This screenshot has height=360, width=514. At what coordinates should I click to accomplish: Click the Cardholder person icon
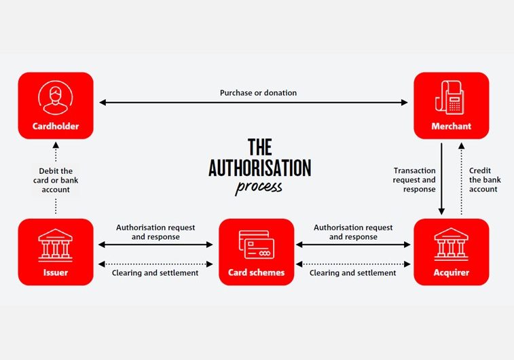(x=56, y=98)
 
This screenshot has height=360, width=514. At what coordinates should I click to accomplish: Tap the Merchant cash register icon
(x=449, y=97)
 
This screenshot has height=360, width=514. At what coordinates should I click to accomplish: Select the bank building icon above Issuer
(x=56, y=245)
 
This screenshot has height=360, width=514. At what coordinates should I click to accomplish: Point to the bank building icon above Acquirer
(x=451, y=245)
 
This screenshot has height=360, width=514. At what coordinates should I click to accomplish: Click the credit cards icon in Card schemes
(x=257, y=245)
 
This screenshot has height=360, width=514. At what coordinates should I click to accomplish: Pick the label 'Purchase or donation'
(x=258, y=93)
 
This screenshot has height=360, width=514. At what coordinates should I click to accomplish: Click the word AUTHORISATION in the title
(x=259, y=168)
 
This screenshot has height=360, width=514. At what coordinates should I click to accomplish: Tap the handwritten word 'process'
(x=259, y=187)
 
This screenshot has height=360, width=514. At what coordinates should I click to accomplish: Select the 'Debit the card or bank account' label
(x=56, y=180)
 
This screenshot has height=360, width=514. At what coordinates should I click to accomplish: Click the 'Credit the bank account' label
(x=485, y=180)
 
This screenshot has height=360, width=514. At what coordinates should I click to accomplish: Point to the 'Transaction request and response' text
(x=414, y=180)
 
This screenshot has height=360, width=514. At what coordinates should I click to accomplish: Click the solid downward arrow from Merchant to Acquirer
(x=441, y=179)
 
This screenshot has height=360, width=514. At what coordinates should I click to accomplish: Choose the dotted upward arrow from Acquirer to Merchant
(x=461, y=179)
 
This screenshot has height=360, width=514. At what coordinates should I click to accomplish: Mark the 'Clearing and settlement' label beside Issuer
(x=155, y=273)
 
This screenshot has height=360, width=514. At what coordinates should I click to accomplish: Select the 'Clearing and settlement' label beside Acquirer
(x=352, y=273)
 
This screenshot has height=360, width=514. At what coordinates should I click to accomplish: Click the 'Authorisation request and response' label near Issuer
(x=155, y=232)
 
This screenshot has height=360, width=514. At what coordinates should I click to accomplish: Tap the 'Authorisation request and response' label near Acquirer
(x=353, y=232)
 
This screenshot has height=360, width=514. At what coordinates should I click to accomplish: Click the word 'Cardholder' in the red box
(x=56, y=126)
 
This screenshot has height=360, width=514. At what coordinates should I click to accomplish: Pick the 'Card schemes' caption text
(x=257, y=272)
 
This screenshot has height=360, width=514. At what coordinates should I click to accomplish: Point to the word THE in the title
(x=259, y=147)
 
